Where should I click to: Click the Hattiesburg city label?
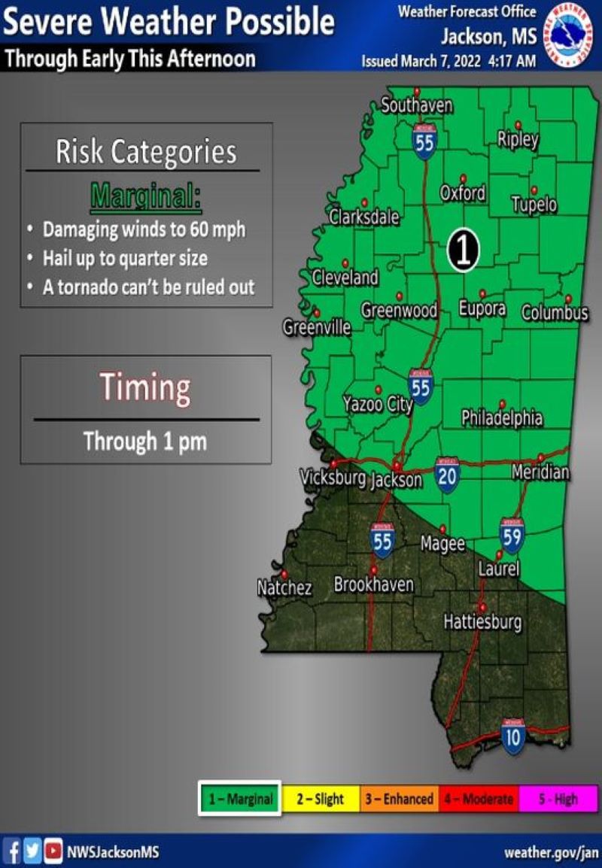pos(482,623)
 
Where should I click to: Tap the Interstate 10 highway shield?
pos(512,736)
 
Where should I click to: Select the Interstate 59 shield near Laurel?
pos(512,535)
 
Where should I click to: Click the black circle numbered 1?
pos(463,249)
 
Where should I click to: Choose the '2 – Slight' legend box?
pos(320,799)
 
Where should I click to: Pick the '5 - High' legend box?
pos(558,799)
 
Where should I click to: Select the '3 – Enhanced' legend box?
pos(399,799)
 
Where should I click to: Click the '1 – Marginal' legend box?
pos(240,799)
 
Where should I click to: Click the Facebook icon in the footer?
pos(12,852)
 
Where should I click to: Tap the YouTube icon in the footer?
pos(53,852)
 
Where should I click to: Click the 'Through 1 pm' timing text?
pos(145,441)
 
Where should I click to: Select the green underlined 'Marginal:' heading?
pos(146,196)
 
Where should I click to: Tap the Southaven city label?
pos(417,106)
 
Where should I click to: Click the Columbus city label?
pos(555,312)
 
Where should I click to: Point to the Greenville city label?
pos(317,328)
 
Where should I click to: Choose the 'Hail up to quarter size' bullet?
pos(125,258)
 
